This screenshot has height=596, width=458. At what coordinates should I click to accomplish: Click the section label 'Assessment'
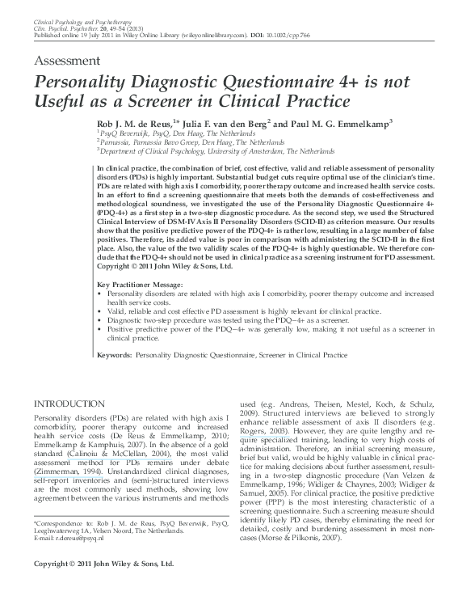[67, 62]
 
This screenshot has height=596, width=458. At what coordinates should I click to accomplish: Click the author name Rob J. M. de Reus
[138, 122]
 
